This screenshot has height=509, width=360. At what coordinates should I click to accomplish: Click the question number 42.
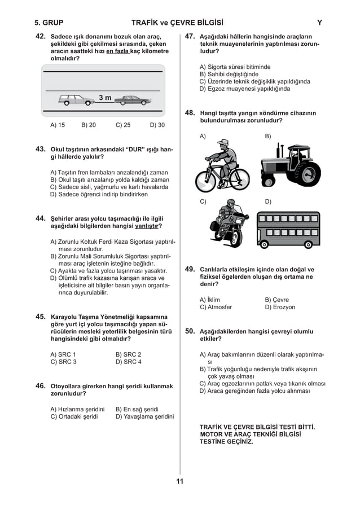tap(40, 36)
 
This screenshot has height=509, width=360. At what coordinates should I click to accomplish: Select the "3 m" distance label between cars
tap(105, 98)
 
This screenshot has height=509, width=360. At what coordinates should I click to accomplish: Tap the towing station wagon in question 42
tap(76, 100)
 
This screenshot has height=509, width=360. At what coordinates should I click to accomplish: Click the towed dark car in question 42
tap(133, 100)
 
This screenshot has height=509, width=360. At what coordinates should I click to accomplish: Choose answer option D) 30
tap(157, 125)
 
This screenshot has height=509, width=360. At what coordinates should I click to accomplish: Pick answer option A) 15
tap(58, 125)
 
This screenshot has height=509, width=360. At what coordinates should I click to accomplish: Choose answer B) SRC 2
tap(129, 354)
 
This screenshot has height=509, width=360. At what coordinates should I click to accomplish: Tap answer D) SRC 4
tap(129, 362)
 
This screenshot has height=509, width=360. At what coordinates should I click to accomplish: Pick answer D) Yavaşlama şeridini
tap(144, 417)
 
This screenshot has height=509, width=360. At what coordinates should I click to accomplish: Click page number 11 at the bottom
tap(179, 481)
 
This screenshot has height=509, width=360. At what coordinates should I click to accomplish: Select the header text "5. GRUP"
tap(49, 23)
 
